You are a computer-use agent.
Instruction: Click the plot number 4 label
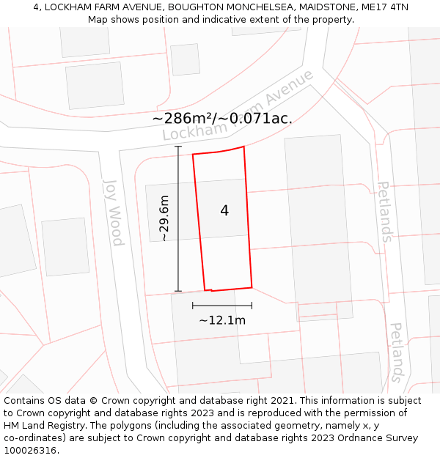pyautogui.click(x=224, y=211)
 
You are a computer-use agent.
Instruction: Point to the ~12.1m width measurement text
pyautogui.click(x=222, y=320)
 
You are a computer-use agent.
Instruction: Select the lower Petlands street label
pyautogui.click(x=396, y=352)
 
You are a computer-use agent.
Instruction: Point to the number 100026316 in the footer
pyautogui.click(x=30, y=451)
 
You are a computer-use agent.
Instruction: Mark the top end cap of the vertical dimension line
pyautogui.click(x=178, y=147)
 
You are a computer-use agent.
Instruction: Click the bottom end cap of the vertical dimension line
pyautogui.click(x=178, y=291)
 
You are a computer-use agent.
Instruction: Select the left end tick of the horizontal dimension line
pyautogui.click(x=193, y=306)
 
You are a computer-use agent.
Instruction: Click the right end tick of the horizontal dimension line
pyautogui.click(x=252, y=306)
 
